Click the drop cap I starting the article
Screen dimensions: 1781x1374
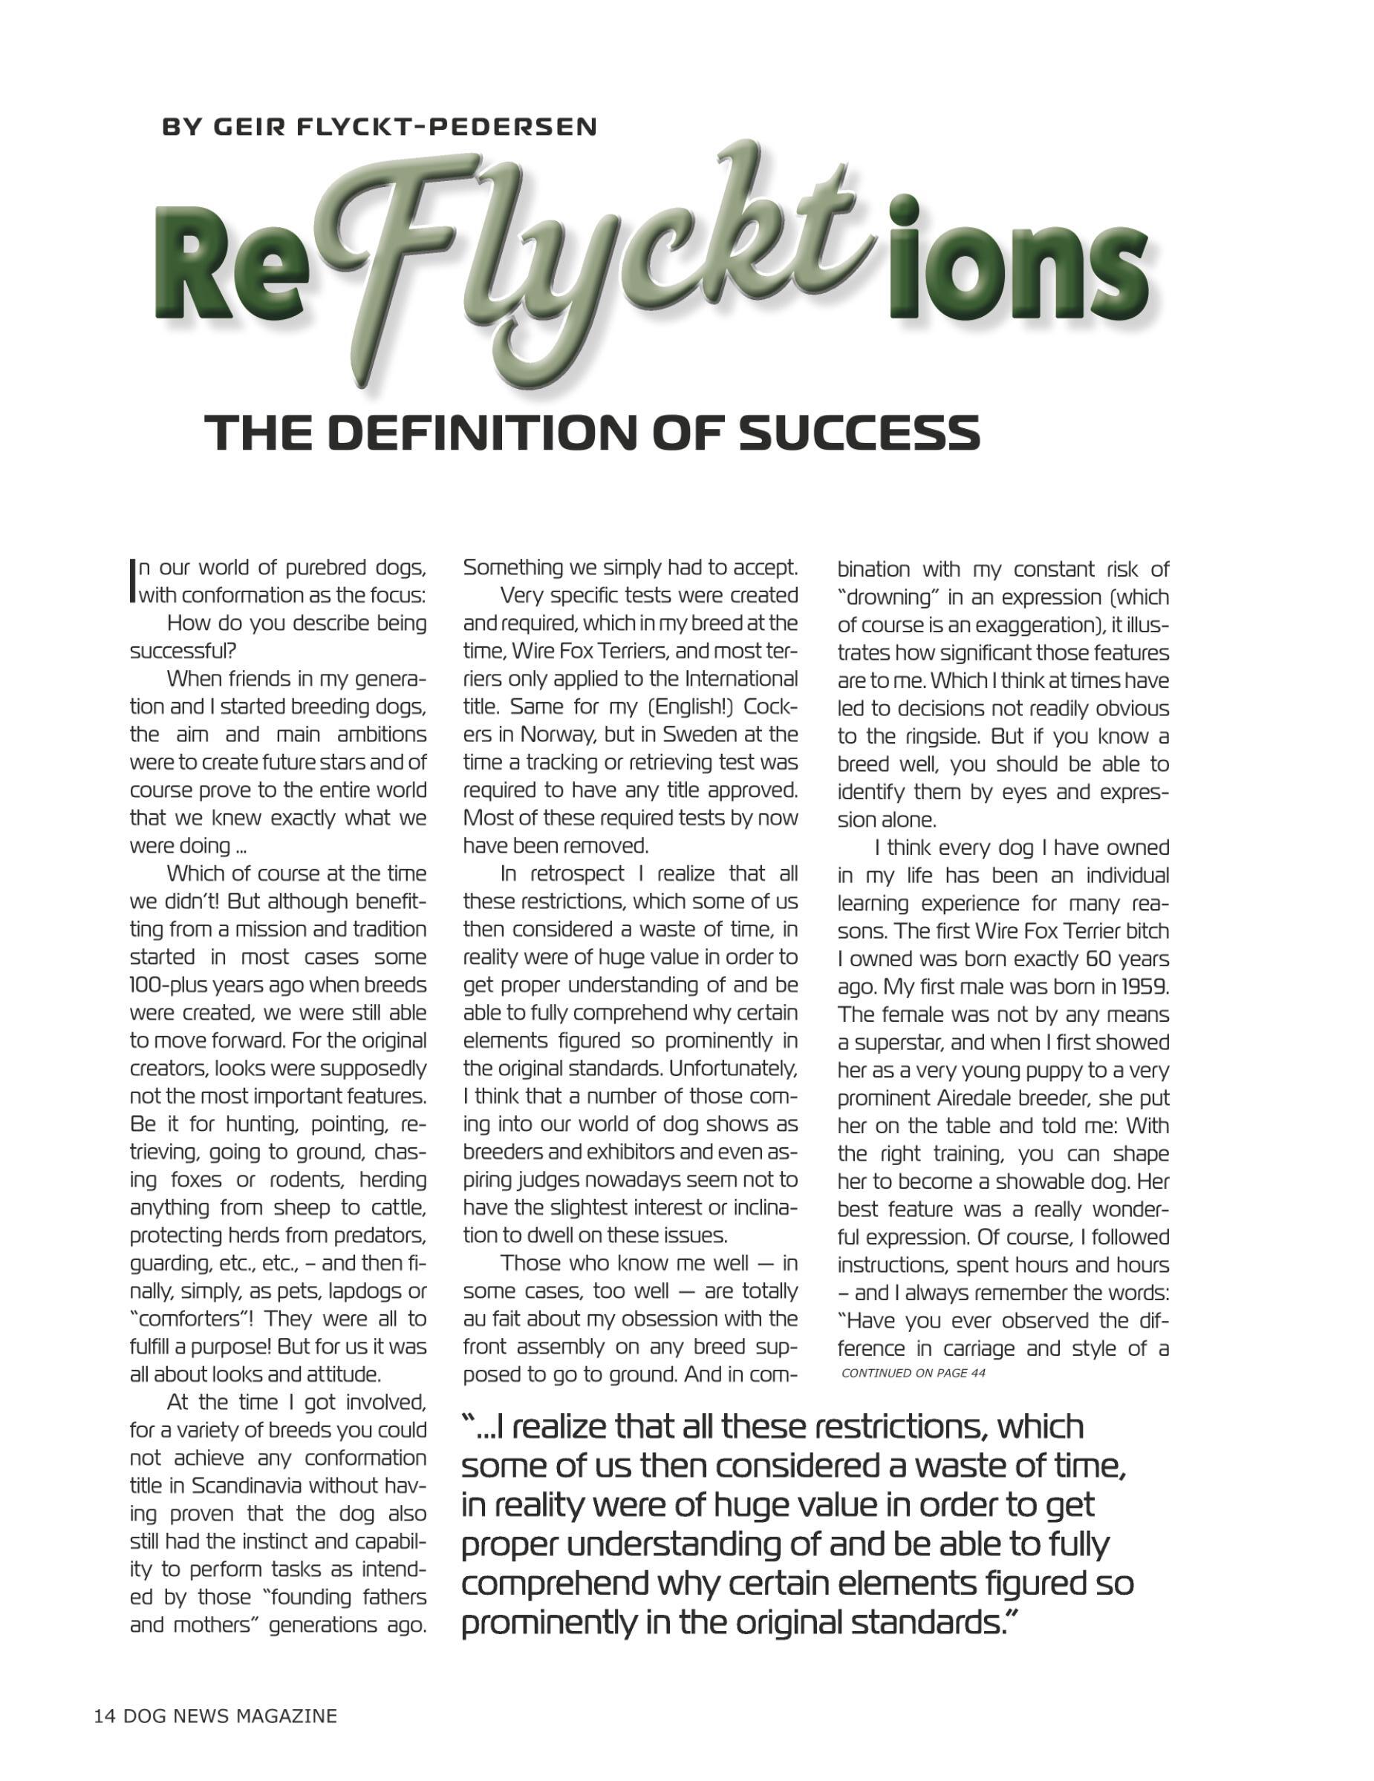pos(133,580)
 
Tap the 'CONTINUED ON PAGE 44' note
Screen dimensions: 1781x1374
pos(913,1374)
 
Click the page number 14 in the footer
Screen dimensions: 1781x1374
pos(105,1716)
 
